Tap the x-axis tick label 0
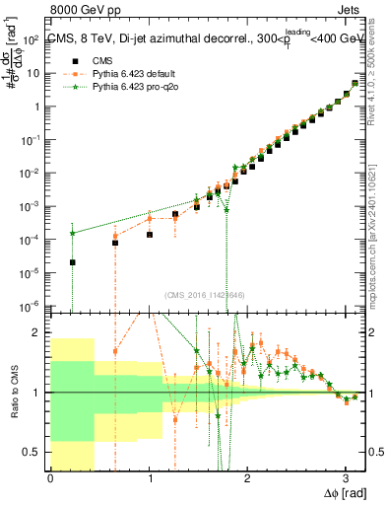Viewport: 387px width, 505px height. coord(50,479)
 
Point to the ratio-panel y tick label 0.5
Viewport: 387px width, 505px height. coord(34,452)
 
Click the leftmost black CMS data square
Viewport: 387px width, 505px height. coord(72,262)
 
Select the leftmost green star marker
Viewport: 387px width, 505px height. coord(72,233)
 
